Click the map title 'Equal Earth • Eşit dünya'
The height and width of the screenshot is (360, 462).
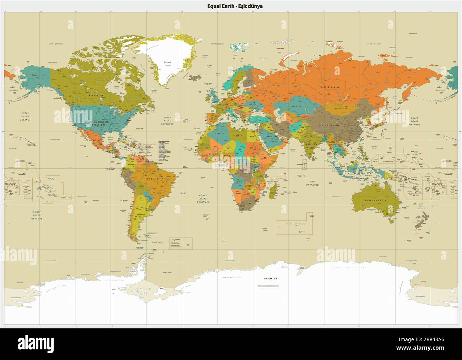pyautogui.click(x=235, y=6)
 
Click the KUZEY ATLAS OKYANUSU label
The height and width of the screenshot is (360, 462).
pyautogui.click(x=166, y=121)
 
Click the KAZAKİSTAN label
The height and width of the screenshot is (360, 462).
pyautogui.click(x=295, y=107)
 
